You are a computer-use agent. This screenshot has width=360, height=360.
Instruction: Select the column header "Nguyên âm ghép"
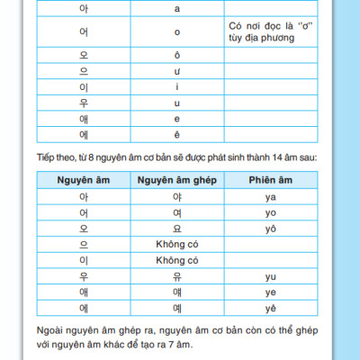[x=176, y=181]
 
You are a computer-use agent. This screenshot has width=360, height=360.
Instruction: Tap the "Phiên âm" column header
[x=270, y=181]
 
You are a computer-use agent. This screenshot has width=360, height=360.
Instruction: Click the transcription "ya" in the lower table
[x=270, y=196]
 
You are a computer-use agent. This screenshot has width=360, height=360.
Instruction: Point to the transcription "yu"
[x=270, y=276]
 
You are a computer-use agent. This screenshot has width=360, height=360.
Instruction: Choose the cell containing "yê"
[x=270, y=308]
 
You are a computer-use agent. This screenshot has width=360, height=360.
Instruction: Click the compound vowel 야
[x=176, y=196]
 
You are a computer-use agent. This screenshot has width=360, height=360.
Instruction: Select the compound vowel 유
[x=176, y=276]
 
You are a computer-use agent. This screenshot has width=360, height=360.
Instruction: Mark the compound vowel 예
[x=176, y=308]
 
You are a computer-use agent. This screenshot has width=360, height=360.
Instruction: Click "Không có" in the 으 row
[x=176, y=244]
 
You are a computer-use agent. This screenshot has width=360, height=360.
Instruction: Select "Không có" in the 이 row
[x=176, y=260]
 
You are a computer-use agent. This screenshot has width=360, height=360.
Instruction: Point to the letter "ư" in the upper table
[x=177, y=71]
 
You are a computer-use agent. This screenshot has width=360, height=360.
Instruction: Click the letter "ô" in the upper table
[x=177, y=55]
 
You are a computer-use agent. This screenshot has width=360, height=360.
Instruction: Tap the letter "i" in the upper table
[x=177, y=87]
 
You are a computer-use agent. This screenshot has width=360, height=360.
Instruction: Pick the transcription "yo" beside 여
[x=270, y=212]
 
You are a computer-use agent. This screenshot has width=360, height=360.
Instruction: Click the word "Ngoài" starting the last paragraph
[x=54, y=329]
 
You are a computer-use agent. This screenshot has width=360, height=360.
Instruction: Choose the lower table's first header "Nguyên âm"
[x=84, y=181]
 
